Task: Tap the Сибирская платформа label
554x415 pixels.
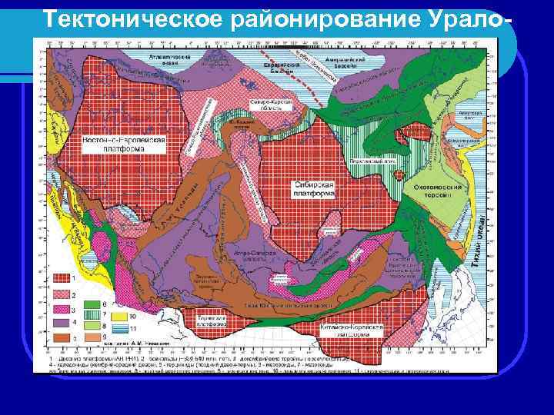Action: (x=314, y=190)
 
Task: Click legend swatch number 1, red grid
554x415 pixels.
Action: (x=61, y=277)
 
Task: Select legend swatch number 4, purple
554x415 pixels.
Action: (x=61, y=324)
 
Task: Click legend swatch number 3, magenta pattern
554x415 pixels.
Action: (x=61, y=309)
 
